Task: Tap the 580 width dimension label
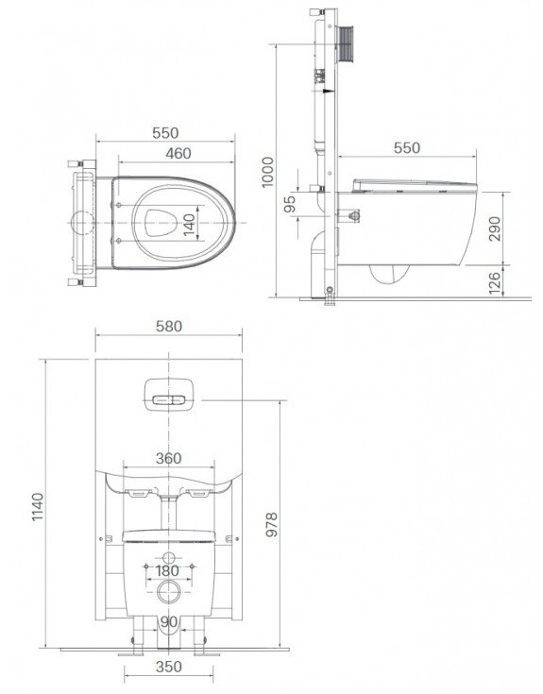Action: pos(168,327)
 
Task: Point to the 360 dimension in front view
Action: pos(167,459)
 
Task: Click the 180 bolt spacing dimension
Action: pos(167,571)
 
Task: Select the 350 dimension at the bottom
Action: pos(168,667)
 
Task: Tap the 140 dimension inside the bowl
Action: pos(189,223)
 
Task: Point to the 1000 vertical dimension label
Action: pos(267,168)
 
